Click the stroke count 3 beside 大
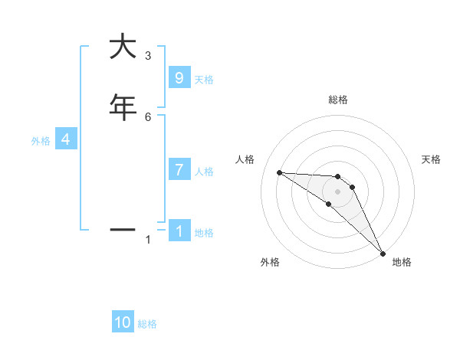point(148,56)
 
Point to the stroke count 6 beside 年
point(148,116)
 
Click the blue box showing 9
point(179,77)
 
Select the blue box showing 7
point(179,170)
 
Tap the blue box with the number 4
point(66,139)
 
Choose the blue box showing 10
point(123,322)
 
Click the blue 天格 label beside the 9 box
point(204,79)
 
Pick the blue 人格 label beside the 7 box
point(205,172)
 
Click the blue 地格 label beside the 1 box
point(204,233)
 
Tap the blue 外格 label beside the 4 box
point(40,141)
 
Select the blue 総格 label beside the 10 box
point(147,324)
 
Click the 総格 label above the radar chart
point(338,100)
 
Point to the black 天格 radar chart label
point(432,159)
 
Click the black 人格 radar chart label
point(245,159)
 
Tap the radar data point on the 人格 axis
point(280,172)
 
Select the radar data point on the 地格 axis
point(383,252)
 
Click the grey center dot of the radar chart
point(337,191)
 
